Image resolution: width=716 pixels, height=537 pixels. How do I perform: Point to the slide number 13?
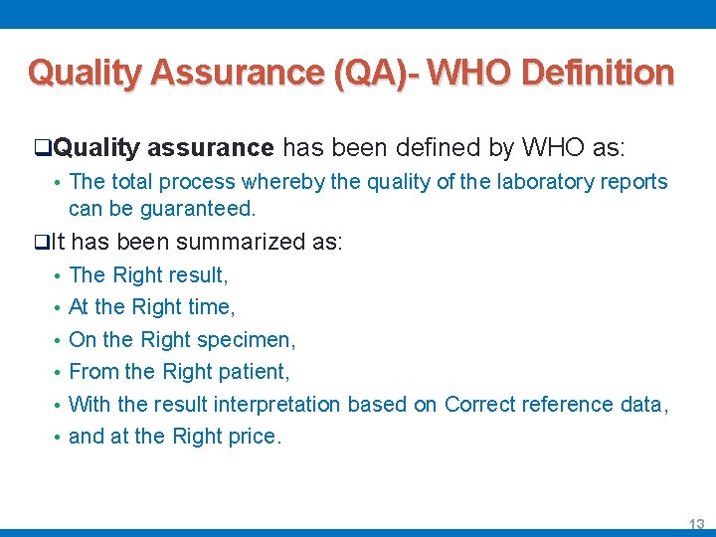[696, 523]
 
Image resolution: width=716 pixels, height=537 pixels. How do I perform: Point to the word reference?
[567, 405]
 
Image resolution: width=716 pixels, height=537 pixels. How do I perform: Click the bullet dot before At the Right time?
[58, 308]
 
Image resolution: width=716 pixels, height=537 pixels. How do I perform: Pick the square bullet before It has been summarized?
[39, 242]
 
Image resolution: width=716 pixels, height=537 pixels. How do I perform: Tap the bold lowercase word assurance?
[210, 149]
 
